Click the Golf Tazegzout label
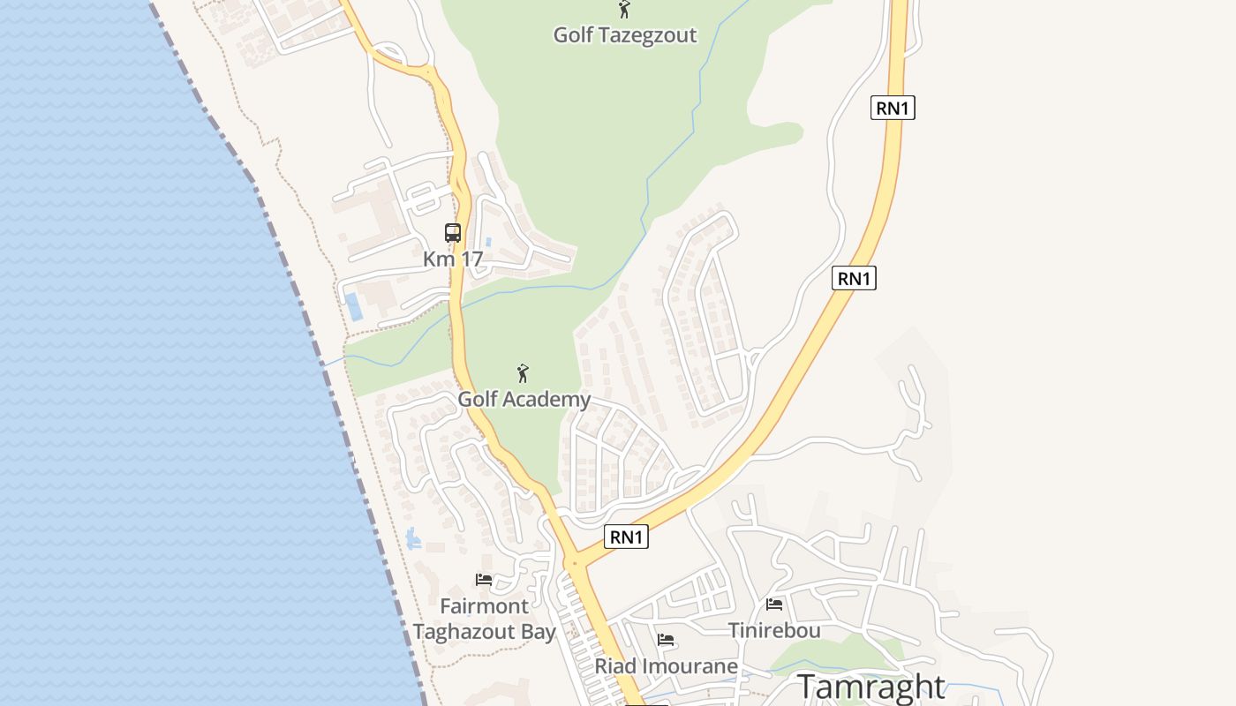tap(624, 35)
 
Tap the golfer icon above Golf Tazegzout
tap(624, 10)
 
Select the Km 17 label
tap(453, 259)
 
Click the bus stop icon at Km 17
tap(453, 233)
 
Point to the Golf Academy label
tap(524, 400)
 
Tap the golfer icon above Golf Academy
tap(523, 373)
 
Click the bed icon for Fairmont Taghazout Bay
tap(484, 580)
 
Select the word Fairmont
tap(485, 606)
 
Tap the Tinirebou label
tap(774, 630)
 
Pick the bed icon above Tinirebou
tap(774, 604)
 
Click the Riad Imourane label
tap(666, 666)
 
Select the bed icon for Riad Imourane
tap(666, 640)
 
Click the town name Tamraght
tap(871, 687)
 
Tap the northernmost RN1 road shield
tap(893, 109)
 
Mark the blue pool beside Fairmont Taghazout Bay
tap(412, 538)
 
